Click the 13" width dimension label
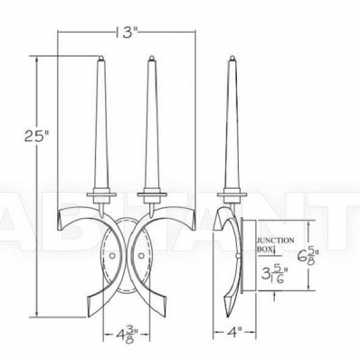coord(127,32)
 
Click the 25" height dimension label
coord(36,137)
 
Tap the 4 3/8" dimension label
coord(127,335)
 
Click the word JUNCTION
coord(275,241)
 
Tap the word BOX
coord(264,250)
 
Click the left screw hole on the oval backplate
coord(112,256)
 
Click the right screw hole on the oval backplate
coord(141,256)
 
